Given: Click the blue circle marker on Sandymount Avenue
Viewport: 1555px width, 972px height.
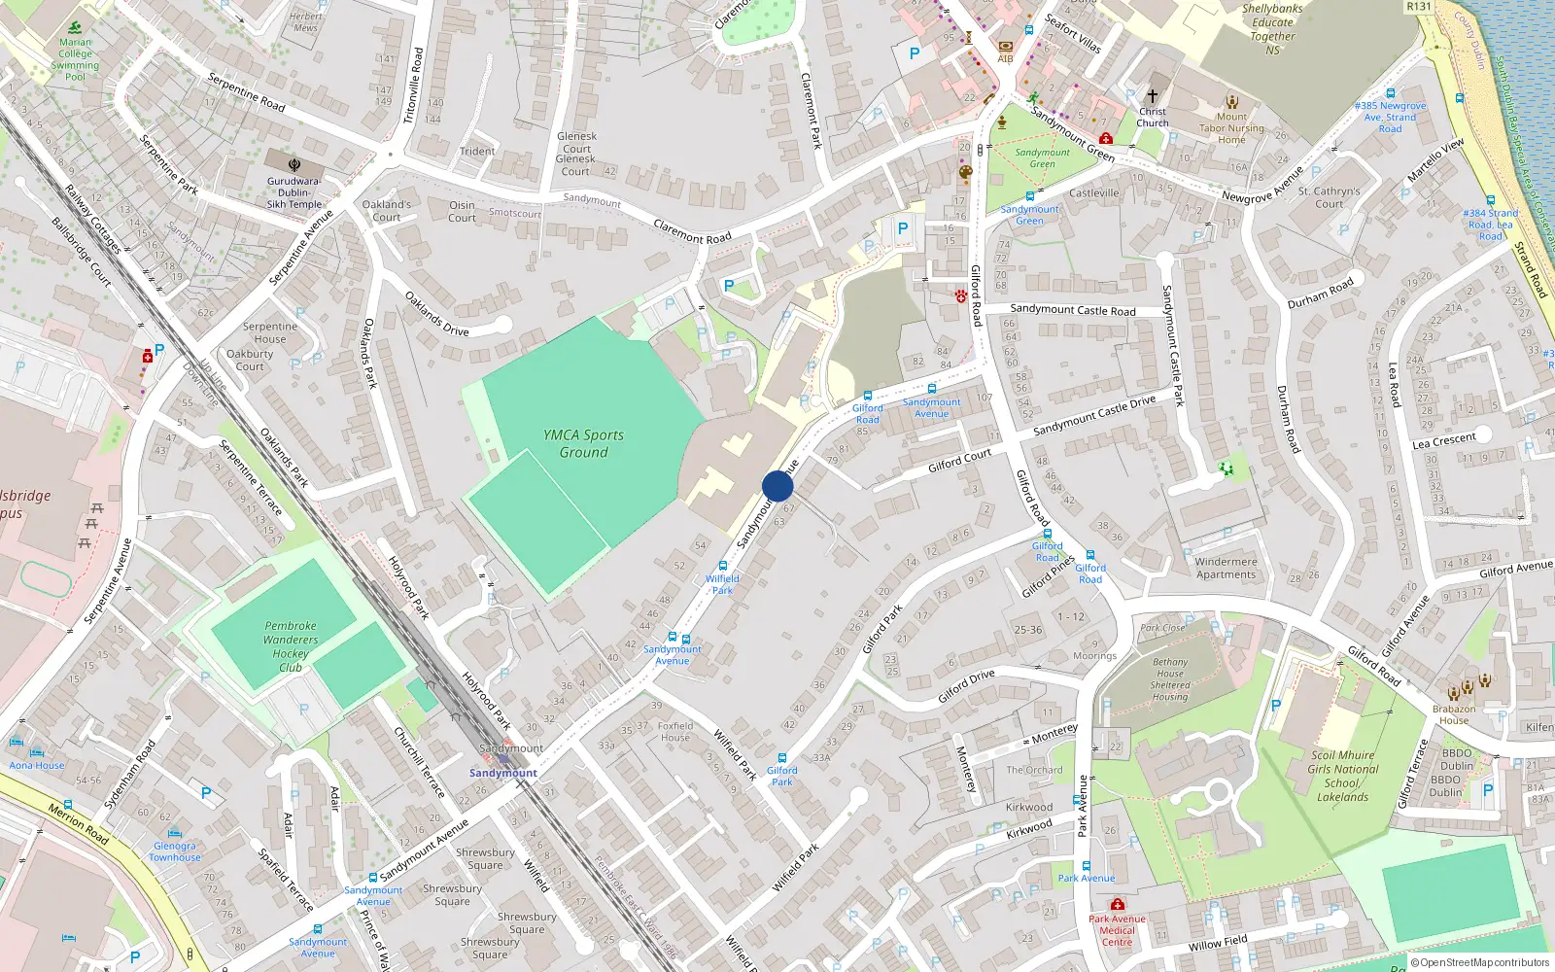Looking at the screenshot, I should [x=777, y=486].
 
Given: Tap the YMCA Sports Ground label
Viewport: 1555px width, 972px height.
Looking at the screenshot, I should [x=583, y=444].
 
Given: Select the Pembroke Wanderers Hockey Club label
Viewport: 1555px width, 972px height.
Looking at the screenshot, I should [x=290, y=646].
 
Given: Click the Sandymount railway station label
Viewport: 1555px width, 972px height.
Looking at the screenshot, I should [x=502, y=773].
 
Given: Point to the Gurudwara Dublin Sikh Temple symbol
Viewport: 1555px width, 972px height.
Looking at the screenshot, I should [x=294, y=164].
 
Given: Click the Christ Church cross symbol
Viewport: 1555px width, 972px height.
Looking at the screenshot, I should [x=1153, y=96].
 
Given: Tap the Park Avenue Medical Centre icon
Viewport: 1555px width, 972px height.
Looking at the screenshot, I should [x=1117, y=904].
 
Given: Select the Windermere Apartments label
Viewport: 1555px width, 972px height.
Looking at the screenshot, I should [x=1226, y=568].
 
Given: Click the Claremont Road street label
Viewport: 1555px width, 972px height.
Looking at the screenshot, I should [x=692, y=231].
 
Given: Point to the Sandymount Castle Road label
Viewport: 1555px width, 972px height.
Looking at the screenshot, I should [x=1072, y=310].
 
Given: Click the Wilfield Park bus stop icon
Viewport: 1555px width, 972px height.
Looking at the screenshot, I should [x=722, y=566].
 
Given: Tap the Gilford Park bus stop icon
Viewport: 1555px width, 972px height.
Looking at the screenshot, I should [x=781, y=757].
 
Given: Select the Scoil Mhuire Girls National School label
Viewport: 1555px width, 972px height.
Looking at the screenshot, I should [x=1342, y=776].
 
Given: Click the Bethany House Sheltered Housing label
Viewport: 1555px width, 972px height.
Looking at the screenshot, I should [x=1169, y=678].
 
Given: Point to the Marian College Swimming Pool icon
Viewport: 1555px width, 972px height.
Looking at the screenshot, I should [x=75, y=27].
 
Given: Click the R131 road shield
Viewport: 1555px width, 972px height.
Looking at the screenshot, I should [x=1419, y=6].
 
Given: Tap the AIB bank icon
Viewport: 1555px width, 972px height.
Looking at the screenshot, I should [x=1005, y=46].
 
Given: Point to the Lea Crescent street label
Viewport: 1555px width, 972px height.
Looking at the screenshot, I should [x=1443, y=440].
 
